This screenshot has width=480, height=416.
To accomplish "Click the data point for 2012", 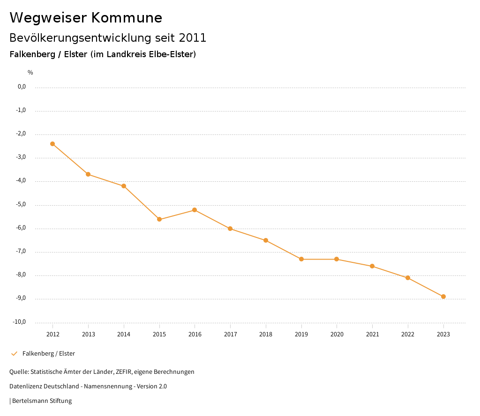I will pos(52,144).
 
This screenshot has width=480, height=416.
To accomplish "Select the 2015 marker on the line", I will pos(159,219).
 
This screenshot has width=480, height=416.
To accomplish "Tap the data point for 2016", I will pos(195,210).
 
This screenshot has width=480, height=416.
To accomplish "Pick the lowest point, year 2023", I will pos(443,297).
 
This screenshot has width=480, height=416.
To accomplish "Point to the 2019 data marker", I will pos(301,259).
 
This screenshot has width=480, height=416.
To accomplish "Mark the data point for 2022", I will pos(408,278).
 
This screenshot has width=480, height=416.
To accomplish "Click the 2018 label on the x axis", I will pos(266,334).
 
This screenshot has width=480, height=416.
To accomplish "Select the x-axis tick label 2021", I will pos(372,334).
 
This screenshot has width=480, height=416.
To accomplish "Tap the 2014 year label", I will pos(124,334).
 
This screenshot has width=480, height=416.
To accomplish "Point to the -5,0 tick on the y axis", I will pos(21,204).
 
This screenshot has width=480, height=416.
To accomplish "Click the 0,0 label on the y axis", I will pos(22,87).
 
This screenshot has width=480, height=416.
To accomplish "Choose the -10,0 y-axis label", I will pos(20,322).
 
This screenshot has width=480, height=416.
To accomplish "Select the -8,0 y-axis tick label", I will pos(21,275).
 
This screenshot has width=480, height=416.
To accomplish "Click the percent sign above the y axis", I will pos(30,73).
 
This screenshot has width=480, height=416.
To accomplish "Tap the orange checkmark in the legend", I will pos(14,354).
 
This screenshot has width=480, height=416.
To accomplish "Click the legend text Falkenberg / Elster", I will pos(49,354).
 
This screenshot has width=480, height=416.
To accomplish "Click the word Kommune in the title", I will pos(127,18).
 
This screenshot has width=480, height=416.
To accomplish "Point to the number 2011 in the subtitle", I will pos(192,38).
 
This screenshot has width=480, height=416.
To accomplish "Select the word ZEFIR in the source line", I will pos(123,372).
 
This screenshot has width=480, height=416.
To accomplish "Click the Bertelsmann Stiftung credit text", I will pos(42,401).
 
